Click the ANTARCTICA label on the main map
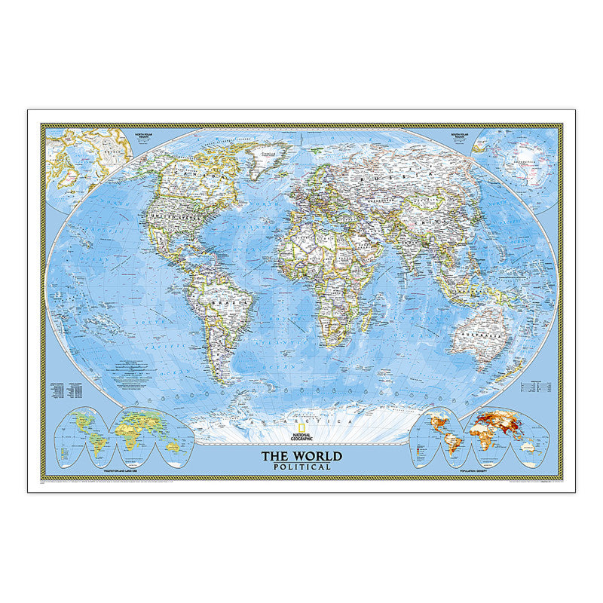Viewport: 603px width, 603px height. pos(301,420)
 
